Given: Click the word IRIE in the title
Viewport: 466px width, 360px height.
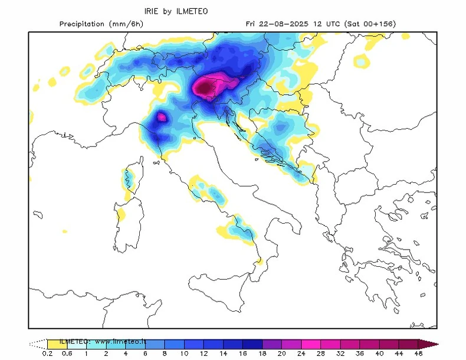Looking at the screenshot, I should tap(153, 11).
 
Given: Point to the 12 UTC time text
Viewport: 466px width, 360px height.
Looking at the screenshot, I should tap(321, 24).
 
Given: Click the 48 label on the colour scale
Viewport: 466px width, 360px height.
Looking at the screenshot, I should tap(418, 354).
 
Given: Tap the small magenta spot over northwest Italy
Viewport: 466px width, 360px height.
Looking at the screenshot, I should tap(160, 116).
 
